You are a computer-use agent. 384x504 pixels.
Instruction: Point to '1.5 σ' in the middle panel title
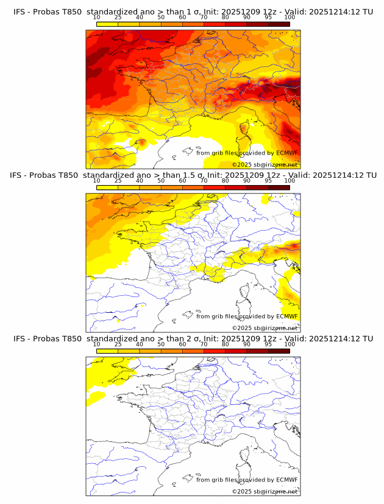click(x=196, y=175)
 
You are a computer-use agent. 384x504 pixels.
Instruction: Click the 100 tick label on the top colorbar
click(x=290, y=18)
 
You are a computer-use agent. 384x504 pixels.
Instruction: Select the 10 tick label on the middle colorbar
click(x=96, y=181)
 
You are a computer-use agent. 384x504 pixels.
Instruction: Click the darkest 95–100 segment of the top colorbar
click(x=279, y=24)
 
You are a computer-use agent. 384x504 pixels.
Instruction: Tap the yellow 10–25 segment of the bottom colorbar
click(x=107, y=351)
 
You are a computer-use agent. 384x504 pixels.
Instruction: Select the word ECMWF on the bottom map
click(x=286, y=480)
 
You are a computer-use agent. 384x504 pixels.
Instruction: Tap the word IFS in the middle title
click(x=20, y=175)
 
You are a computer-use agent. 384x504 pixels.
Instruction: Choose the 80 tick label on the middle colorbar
click(x=226, y=181)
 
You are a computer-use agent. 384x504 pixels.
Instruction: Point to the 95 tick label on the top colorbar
click(x=268, y=18)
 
